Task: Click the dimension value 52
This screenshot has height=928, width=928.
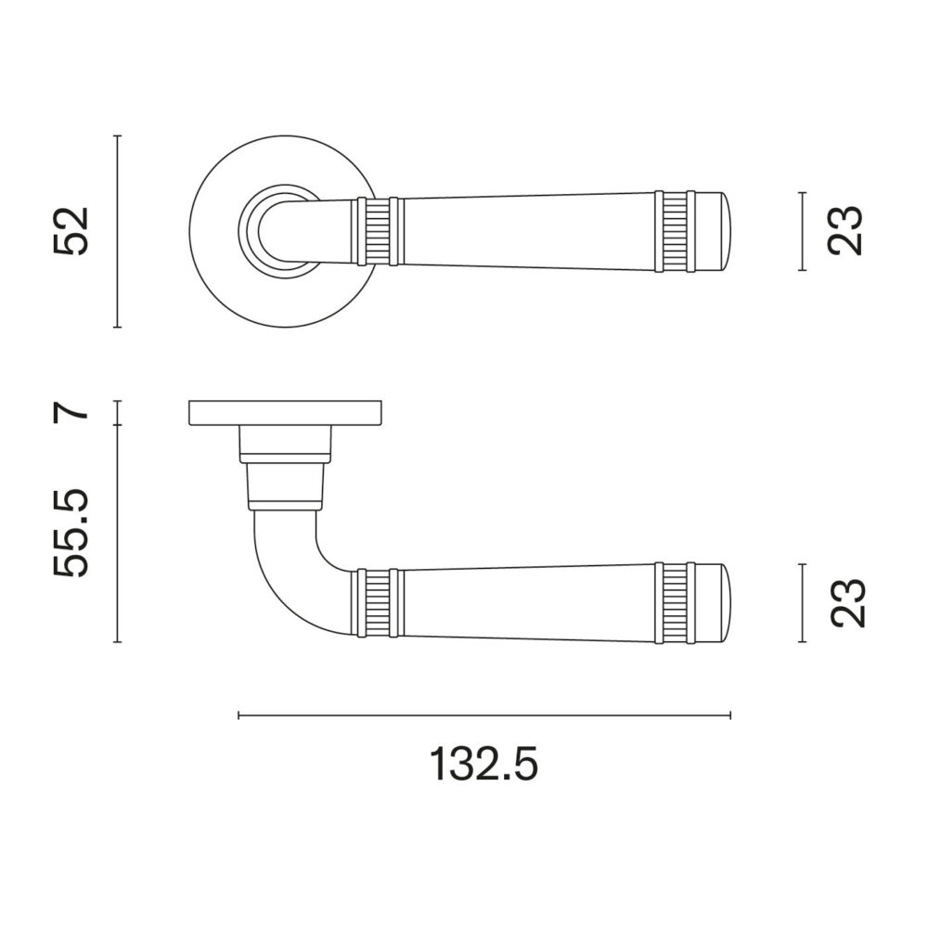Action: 71,231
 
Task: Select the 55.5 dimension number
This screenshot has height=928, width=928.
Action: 71,533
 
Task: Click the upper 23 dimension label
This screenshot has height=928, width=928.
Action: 845,231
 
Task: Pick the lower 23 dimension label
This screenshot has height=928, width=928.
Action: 847,602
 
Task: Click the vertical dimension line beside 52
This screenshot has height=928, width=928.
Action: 118,231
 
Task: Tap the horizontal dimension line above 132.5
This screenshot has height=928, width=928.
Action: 484,715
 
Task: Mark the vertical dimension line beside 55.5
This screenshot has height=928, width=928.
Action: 118,534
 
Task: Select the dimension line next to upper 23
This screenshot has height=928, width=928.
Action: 803,231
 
